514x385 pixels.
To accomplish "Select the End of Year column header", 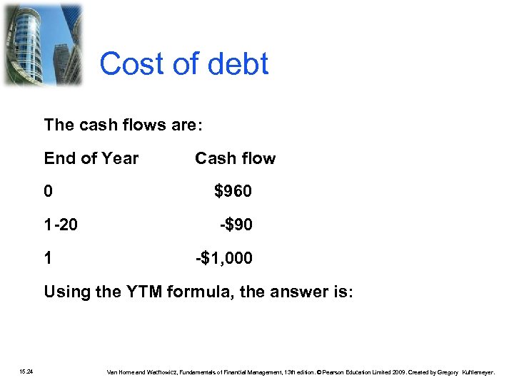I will (91, 158).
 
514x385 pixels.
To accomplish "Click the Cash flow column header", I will (235, 158).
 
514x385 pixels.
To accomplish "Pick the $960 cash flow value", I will (233, 192).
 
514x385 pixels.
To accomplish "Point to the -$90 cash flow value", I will (236, 225).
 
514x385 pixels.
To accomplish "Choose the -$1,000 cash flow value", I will (224, 258).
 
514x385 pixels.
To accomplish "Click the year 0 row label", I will (48, 192).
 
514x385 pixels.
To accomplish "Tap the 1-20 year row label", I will (61, 225).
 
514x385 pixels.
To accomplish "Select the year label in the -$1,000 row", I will (48, 258).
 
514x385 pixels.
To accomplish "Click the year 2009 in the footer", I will (398, 371).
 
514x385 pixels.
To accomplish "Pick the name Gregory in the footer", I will (447, 371).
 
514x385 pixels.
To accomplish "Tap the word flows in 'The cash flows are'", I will (143, 125).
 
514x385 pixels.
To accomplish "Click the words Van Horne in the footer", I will (121, 371).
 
